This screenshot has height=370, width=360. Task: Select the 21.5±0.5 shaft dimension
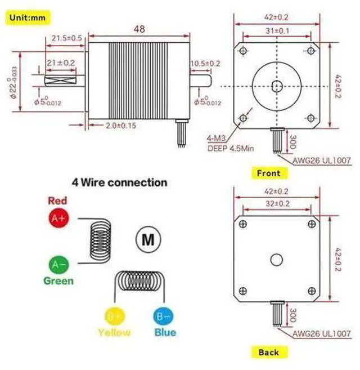[67, 38]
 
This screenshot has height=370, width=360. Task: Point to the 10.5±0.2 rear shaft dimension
[206, 63]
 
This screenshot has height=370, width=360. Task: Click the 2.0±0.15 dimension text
[121, 125]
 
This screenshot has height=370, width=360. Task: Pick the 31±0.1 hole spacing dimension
[277, 30]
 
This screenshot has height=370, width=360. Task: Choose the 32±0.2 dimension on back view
[277, 203]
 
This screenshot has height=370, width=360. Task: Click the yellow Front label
[268, 173]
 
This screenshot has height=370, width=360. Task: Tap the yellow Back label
[268, 353]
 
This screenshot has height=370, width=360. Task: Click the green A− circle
[58, 264]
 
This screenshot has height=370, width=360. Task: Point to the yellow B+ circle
[115, 314]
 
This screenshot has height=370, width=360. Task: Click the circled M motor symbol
[147, 239]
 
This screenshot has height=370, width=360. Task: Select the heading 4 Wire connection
[119, 182]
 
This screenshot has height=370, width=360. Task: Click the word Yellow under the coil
[114, 332]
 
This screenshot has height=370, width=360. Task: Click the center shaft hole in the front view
[277, 86]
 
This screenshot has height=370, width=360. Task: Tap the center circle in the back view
[277, 259]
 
